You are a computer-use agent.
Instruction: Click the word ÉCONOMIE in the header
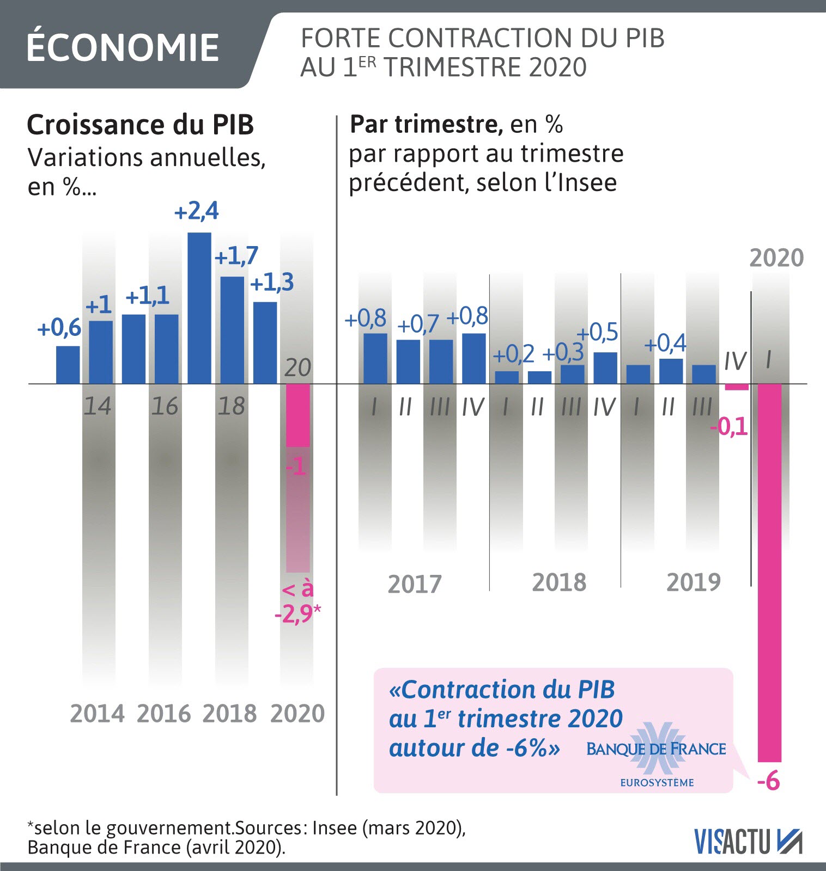(x=123, y=47)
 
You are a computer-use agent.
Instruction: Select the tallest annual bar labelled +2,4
(x=199, y=308)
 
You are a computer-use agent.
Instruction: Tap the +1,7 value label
(x=236, y=256)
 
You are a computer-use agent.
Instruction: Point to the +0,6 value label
(x=59, y=328)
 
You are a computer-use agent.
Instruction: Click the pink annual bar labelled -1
(x=298, y=415)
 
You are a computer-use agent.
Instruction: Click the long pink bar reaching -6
(x=769, y=572)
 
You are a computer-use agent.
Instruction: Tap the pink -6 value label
(x=768, y=782)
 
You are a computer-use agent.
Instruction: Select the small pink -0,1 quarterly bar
(x=737, y=387)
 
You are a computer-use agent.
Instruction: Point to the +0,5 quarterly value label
(x=598, y=332)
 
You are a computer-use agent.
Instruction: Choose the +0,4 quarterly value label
(x=665, y=344)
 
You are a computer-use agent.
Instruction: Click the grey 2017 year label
(x=415, y=584)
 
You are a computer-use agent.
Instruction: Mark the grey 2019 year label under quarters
(x=693, y=582)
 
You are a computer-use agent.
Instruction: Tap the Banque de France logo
(x=656, y=755)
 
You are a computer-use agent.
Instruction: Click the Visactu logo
(x=748, y=842)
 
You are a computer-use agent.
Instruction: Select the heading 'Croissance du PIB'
(x=141, y=125)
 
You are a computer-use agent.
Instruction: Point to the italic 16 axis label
(x=165, y=407)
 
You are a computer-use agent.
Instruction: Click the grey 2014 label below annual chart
(x=98, y=713)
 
